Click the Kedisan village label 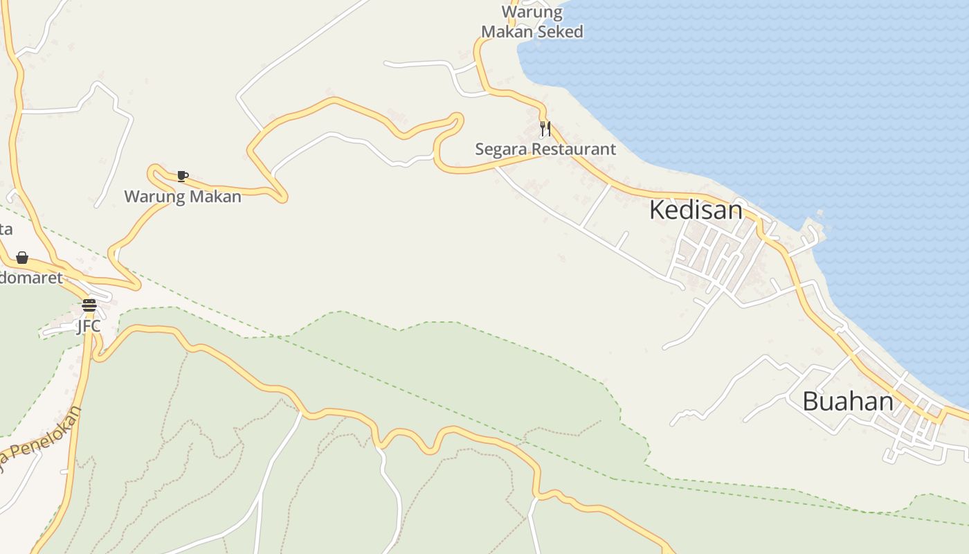pyautogui.click(x=696, y=210)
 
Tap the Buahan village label pyautogui.click(x=847, y=402)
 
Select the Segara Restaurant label pyautogui.click(x=545, y=149)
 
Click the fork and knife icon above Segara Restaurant pyautogui.click(x=545, y=129)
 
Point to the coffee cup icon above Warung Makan pyautogui.click(x=182, y=177)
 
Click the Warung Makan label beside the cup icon pyautogui.click(x=183, y=197)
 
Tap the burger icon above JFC pyautogui.click(x=89, y=305)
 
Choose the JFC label pyautogui.click(x=89, y=325)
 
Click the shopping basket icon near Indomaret pyautogui.click(x=22, y=258)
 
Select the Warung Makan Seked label pyautogui.click(x=532, y=22)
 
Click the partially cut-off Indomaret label pyautogui.click(x=30, y=278)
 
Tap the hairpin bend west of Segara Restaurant pyautogui.click(x=457, y=119)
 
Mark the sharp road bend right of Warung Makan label pyautogui.click(x=282, y=198)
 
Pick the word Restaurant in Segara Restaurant pyautogui.click(x=573, y=149)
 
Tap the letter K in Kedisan pyautogui.click(x=657, y=210)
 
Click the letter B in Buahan pyautogui.click(x=810, y=402)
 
